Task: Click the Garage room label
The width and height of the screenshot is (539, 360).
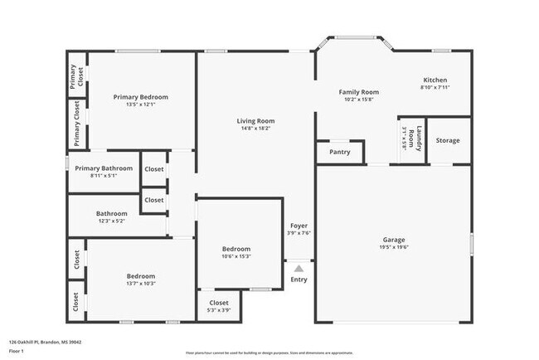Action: point(393,240)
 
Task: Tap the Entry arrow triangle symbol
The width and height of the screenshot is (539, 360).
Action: point(299,268)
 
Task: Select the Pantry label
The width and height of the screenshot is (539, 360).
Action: point(340,152)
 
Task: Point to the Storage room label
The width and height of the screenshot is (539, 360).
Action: point(448,140)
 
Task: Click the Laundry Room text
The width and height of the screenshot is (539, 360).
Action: point(420,139)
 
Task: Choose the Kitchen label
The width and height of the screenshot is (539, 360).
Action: point(435,80)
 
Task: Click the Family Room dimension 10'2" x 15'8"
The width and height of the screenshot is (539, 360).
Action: point(359,99)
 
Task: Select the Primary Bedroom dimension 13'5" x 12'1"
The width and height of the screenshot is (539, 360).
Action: point(141,105)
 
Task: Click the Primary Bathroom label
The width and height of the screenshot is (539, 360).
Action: point(104,168)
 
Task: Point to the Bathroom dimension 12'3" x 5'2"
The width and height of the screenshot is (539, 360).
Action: point(111,221)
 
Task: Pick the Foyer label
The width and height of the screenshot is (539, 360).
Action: point(299,226)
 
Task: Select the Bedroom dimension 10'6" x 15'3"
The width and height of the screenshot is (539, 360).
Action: point(236,256)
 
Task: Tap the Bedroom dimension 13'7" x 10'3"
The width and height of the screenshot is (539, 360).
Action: point(141,284)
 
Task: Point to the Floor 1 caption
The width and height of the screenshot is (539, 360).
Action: point(17,352)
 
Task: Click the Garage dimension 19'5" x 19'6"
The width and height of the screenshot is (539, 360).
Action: point(393,247)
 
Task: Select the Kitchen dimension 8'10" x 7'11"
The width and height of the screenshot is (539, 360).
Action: point(435,87)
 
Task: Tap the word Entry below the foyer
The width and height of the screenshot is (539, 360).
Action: point(299,280)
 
